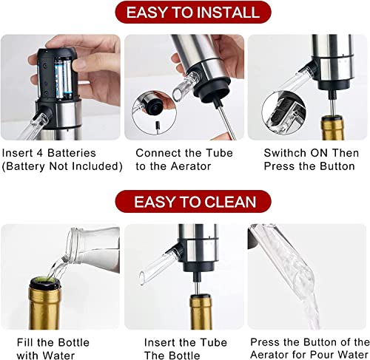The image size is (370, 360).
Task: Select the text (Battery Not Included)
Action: click(x=61, y=166)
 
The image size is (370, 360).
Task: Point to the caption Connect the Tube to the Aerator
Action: click(x=184, y=160)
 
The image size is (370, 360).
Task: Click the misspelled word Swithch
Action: click(x=287, y=153)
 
